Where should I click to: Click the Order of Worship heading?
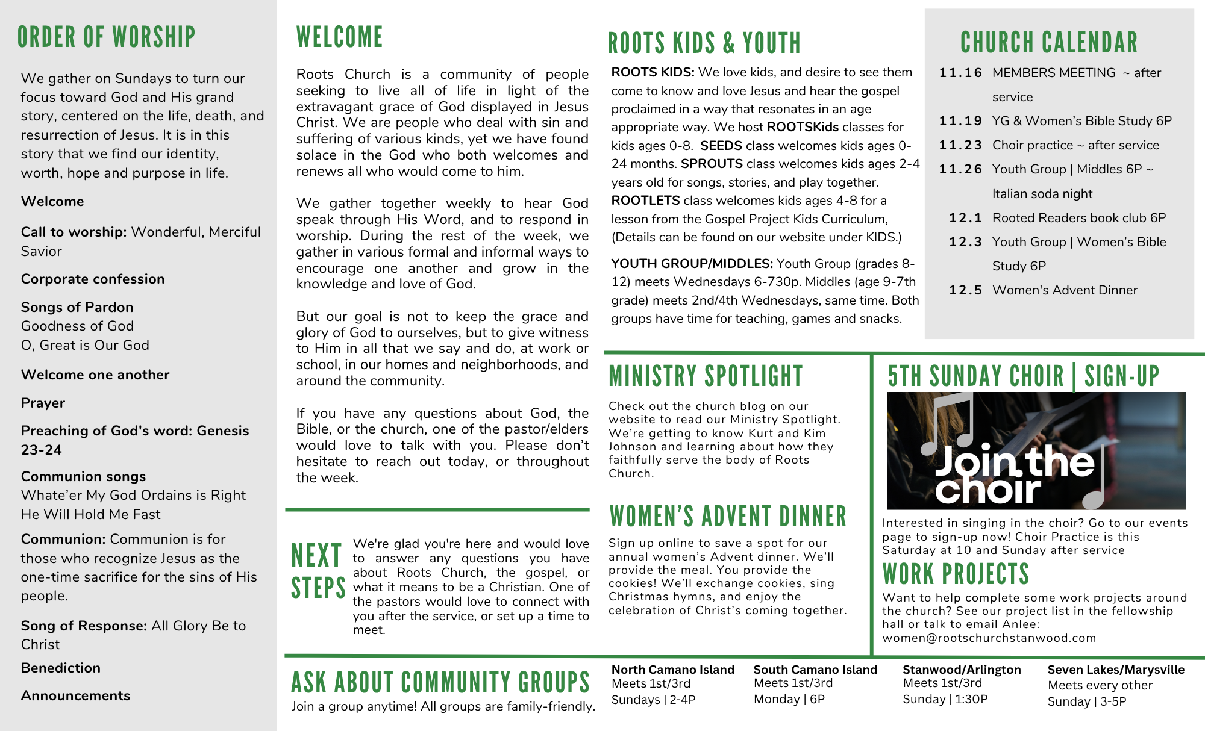coord(107,37)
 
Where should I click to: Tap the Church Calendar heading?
coord(1049,43)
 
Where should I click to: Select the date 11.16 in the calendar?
coord(960,73)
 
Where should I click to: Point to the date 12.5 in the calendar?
coord(965,290)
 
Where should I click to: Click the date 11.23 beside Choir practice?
coord(960,145)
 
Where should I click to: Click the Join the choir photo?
coord(1036,451)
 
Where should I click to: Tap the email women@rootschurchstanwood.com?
coord(989,638)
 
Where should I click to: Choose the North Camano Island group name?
coord(672,670)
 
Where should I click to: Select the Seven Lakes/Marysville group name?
coord(1116,670)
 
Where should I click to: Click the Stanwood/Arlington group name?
coord(962,670)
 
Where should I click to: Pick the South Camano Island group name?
coord(815,670)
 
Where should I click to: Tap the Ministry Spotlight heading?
coord(706,376)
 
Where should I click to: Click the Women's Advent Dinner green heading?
coord(728,517)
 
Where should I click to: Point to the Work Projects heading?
coord(956,574)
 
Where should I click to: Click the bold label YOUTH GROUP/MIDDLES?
coord(692,264)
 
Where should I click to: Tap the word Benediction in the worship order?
coord(61,668)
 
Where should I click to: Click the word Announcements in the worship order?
coord(75,695)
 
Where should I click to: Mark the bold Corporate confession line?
coord(93,279)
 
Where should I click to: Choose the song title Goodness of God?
coord(77,326)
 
